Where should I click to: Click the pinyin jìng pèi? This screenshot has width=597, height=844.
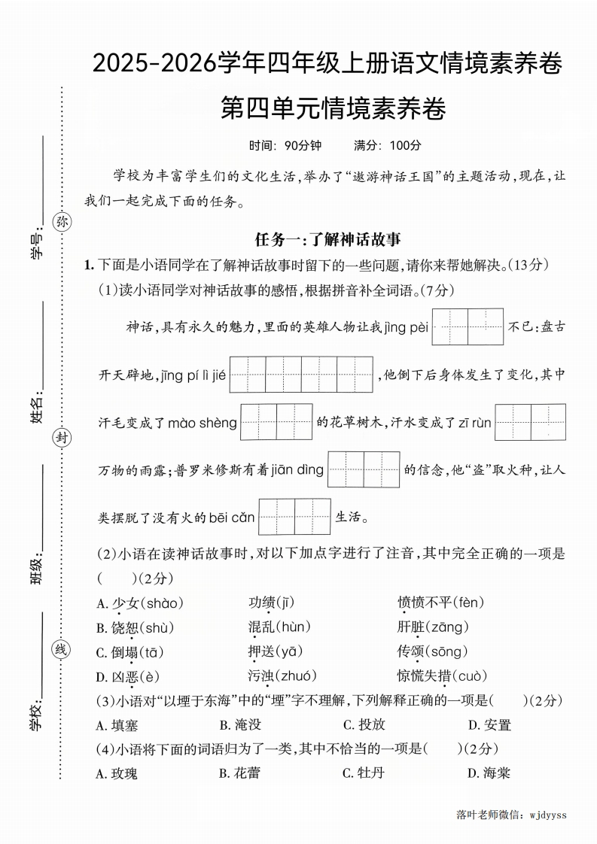[406, 327]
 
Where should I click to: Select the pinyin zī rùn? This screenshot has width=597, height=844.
[468, 423]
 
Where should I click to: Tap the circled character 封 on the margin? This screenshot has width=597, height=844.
[62, 439]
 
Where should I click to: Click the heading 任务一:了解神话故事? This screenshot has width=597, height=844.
[327, 240]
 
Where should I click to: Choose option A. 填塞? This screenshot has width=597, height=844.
[117, 725]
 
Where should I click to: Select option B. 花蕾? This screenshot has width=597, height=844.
[239, 773]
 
